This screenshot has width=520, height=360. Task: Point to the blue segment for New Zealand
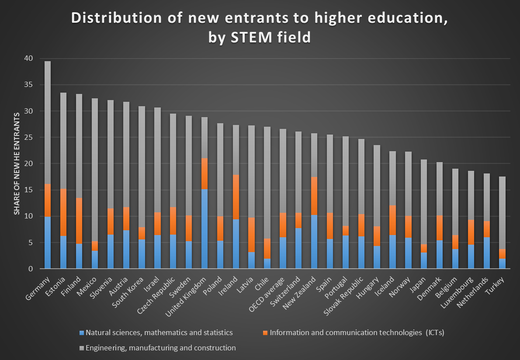(314, 242)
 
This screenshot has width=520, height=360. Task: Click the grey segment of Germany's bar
(48, 122)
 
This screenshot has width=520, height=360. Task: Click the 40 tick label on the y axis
(29, 59)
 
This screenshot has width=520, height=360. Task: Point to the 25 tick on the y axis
(29, 137)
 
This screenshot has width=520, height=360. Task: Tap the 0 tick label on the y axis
(31, 269)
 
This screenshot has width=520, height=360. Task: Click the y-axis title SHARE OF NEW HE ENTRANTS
(17, 163)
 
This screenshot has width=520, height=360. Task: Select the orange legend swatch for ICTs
(266, 333)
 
